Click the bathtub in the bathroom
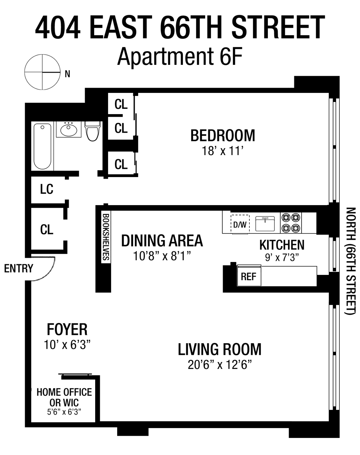(x=42, y=146)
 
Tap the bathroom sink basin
(x=69, y=130)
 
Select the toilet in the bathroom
(x=93, y=131)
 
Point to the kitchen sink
(x=265, y=223)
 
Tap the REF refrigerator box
(x=249, y=276)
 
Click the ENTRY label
(x=19, y=268)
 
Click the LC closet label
(x=47, y=189)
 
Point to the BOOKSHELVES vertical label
(x=106, y=237)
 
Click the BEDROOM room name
(x=223, y=135)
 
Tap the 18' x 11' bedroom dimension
(x=223, y=151)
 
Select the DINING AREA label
(x=162, y=241)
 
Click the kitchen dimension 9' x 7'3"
(x=282, y=257)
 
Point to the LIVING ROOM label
(x=220, y=349)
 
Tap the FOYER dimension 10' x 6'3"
(x=67, y=345)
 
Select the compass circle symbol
(x=42, y=72)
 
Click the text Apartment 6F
(x=180, y=56)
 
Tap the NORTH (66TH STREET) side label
(x=350, y=261)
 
